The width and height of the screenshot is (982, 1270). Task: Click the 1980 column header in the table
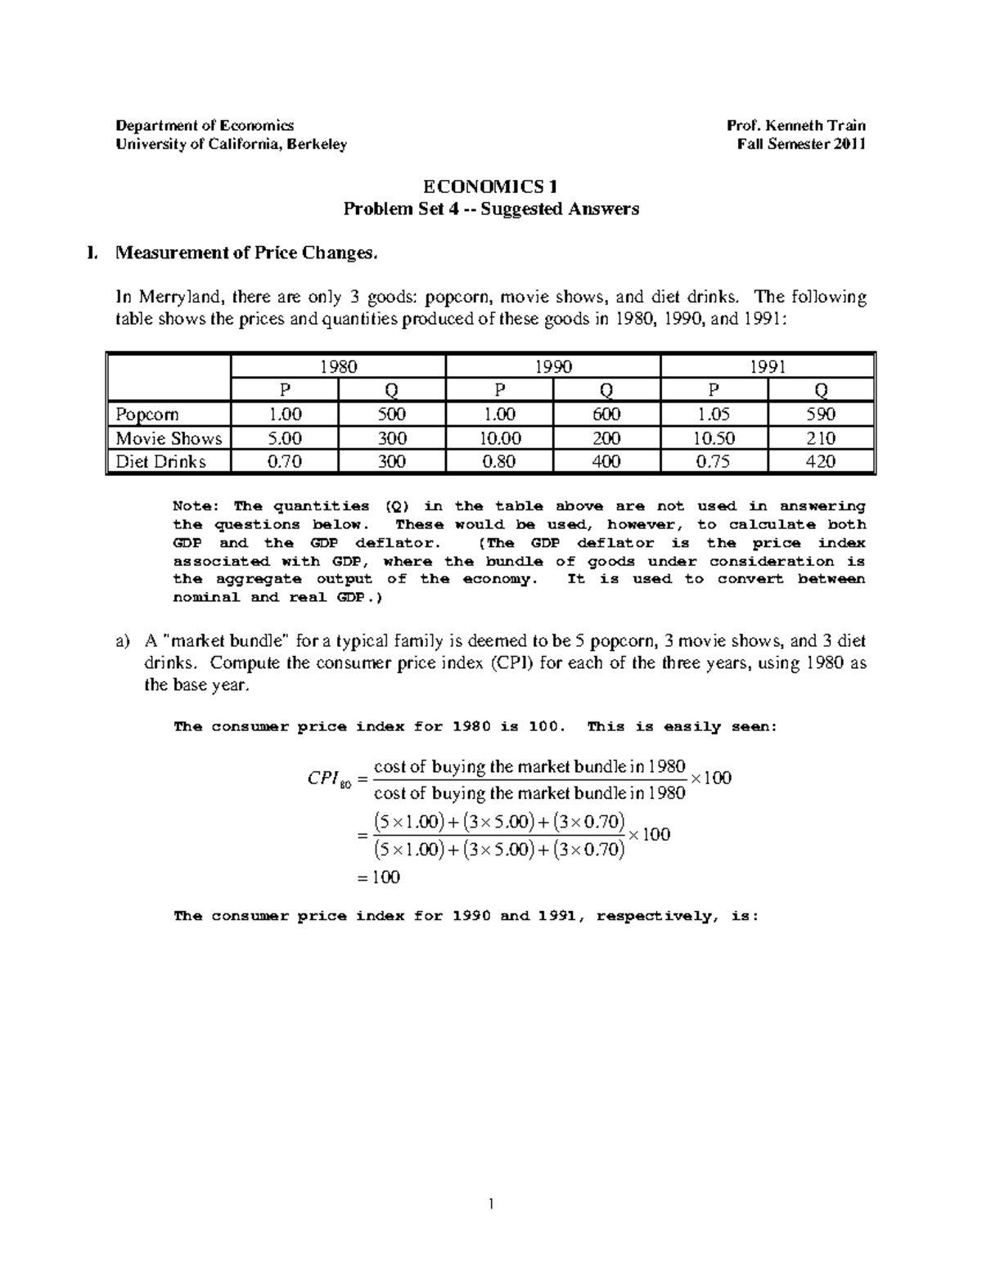point(338,366)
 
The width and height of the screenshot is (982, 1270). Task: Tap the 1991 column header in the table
point(767,366)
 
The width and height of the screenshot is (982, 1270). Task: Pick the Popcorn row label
point(147,414)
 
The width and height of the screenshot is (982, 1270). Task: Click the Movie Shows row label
point(169,438)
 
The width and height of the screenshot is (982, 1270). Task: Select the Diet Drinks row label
point(160,461)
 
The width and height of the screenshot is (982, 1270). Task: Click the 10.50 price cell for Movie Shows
point(713,438)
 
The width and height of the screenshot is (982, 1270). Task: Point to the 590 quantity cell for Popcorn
point(820,414)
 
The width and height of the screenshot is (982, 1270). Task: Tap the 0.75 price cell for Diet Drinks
point(713,461)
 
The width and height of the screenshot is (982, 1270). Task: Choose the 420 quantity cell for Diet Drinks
point(820,461)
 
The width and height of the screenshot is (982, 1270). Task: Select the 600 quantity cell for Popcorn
point(606,414)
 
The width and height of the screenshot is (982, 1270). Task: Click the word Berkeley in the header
point(316,145)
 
